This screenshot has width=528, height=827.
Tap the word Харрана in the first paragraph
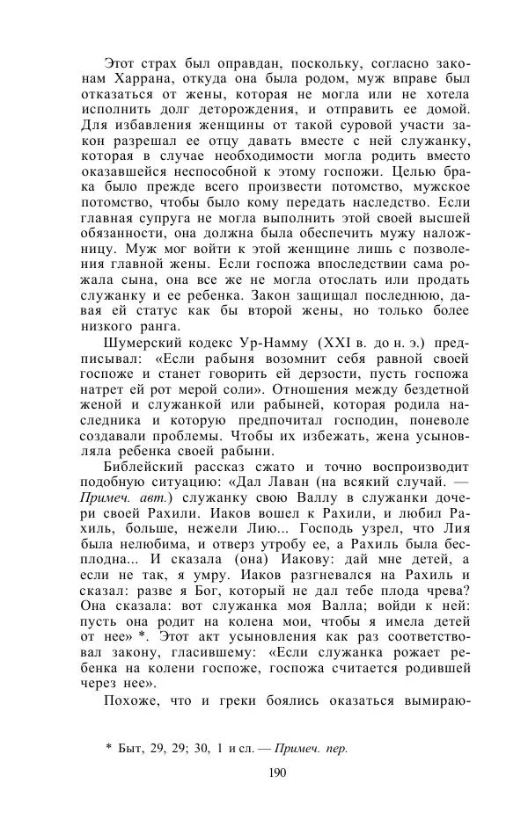[107, 80]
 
